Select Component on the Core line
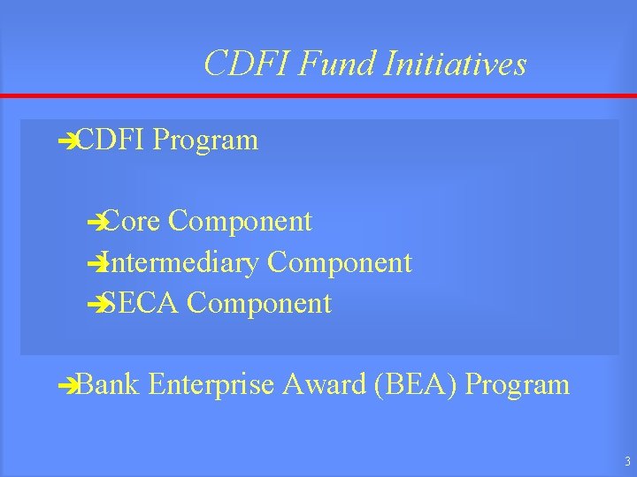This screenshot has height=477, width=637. (240, 221)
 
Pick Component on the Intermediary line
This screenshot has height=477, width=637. (340, 262)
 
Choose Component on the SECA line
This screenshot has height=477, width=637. (259, 304)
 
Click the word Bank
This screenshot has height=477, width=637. (109, 384)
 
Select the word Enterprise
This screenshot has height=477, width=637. (214, 384)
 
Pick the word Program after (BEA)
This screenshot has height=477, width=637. (518, 384)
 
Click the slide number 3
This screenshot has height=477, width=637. (626, 461)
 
